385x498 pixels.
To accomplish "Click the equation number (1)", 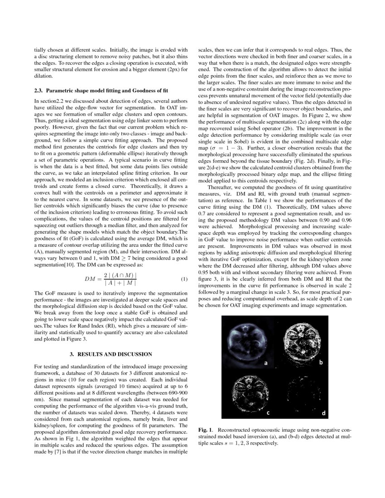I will coord(184,279).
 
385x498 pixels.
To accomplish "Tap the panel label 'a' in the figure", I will coord(266,363).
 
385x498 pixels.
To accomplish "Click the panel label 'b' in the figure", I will coord(320,362).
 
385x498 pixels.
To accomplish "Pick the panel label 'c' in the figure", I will coord(268,412).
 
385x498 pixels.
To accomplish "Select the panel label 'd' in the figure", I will coord(323,413).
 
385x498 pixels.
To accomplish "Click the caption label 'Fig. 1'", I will coord(206,429).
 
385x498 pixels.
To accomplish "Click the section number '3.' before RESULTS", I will coord(72,354).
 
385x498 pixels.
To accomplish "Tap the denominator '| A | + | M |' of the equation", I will coord(120,283).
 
